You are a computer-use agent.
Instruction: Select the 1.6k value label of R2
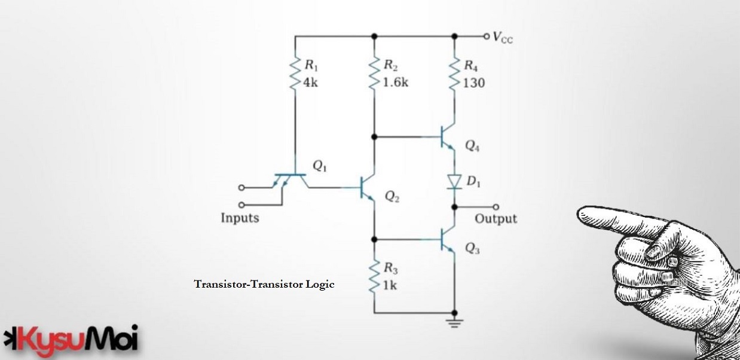[396, 83]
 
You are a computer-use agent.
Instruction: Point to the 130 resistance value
[474, 83]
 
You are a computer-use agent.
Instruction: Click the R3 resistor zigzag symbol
[374, 276]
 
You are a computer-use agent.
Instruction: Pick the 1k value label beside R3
[389, 285]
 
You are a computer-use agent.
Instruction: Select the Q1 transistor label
[320, 167]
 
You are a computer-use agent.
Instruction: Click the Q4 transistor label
[472, 147]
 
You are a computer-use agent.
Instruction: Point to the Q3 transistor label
[472, 249]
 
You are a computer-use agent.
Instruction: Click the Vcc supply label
[503, 37]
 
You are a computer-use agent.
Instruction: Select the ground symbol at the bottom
[455, 324]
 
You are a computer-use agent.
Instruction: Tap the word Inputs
[240, 218]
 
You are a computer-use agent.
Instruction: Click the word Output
[496, 218]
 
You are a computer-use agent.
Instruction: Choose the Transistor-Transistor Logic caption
[264, 285]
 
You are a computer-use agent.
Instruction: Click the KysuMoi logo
[71, 340]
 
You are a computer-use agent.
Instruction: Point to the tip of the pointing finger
[580, 213]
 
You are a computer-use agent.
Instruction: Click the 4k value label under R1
[311, 83]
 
